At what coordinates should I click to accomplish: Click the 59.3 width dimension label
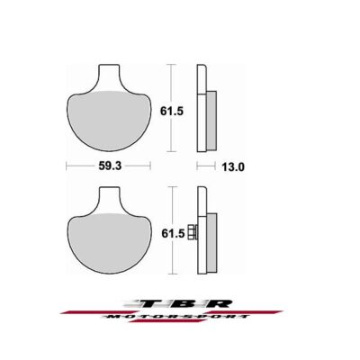(110, 166)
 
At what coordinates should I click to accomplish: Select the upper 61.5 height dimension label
(172, 112)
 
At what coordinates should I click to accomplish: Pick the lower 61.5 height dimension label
(173, 233)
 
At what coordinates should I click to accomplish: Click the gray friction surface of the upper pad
(108, 120)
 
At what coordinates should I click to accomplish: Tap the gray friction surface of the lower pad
(108, 242)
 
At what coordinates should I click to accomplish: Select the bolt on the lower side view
(192, 232)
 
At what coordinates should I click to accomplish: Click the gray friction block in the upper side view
(211, 121)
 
